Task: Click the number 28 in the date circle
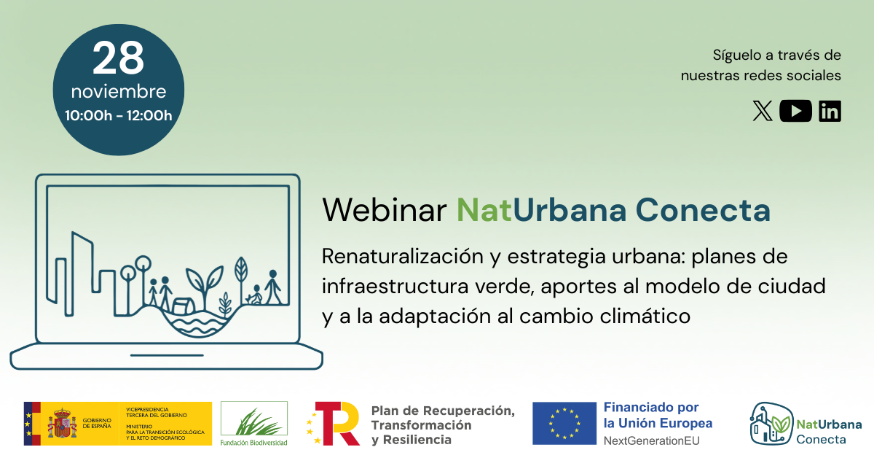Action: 118,59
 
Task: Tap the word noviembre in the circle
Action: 118,93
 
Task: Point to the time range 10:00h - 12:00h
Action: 118,115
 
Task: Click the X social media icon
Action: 762,111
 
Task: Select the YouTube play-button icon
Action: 795,111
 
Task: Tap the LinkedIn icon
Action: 830,111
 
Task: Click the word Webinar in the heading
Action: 384,211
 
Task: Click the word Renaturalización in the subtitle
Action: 398,257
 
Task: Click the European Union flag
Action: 564,423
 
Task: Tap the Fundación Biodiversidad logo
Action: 254,424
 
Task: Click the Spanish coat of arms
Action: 62,424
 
